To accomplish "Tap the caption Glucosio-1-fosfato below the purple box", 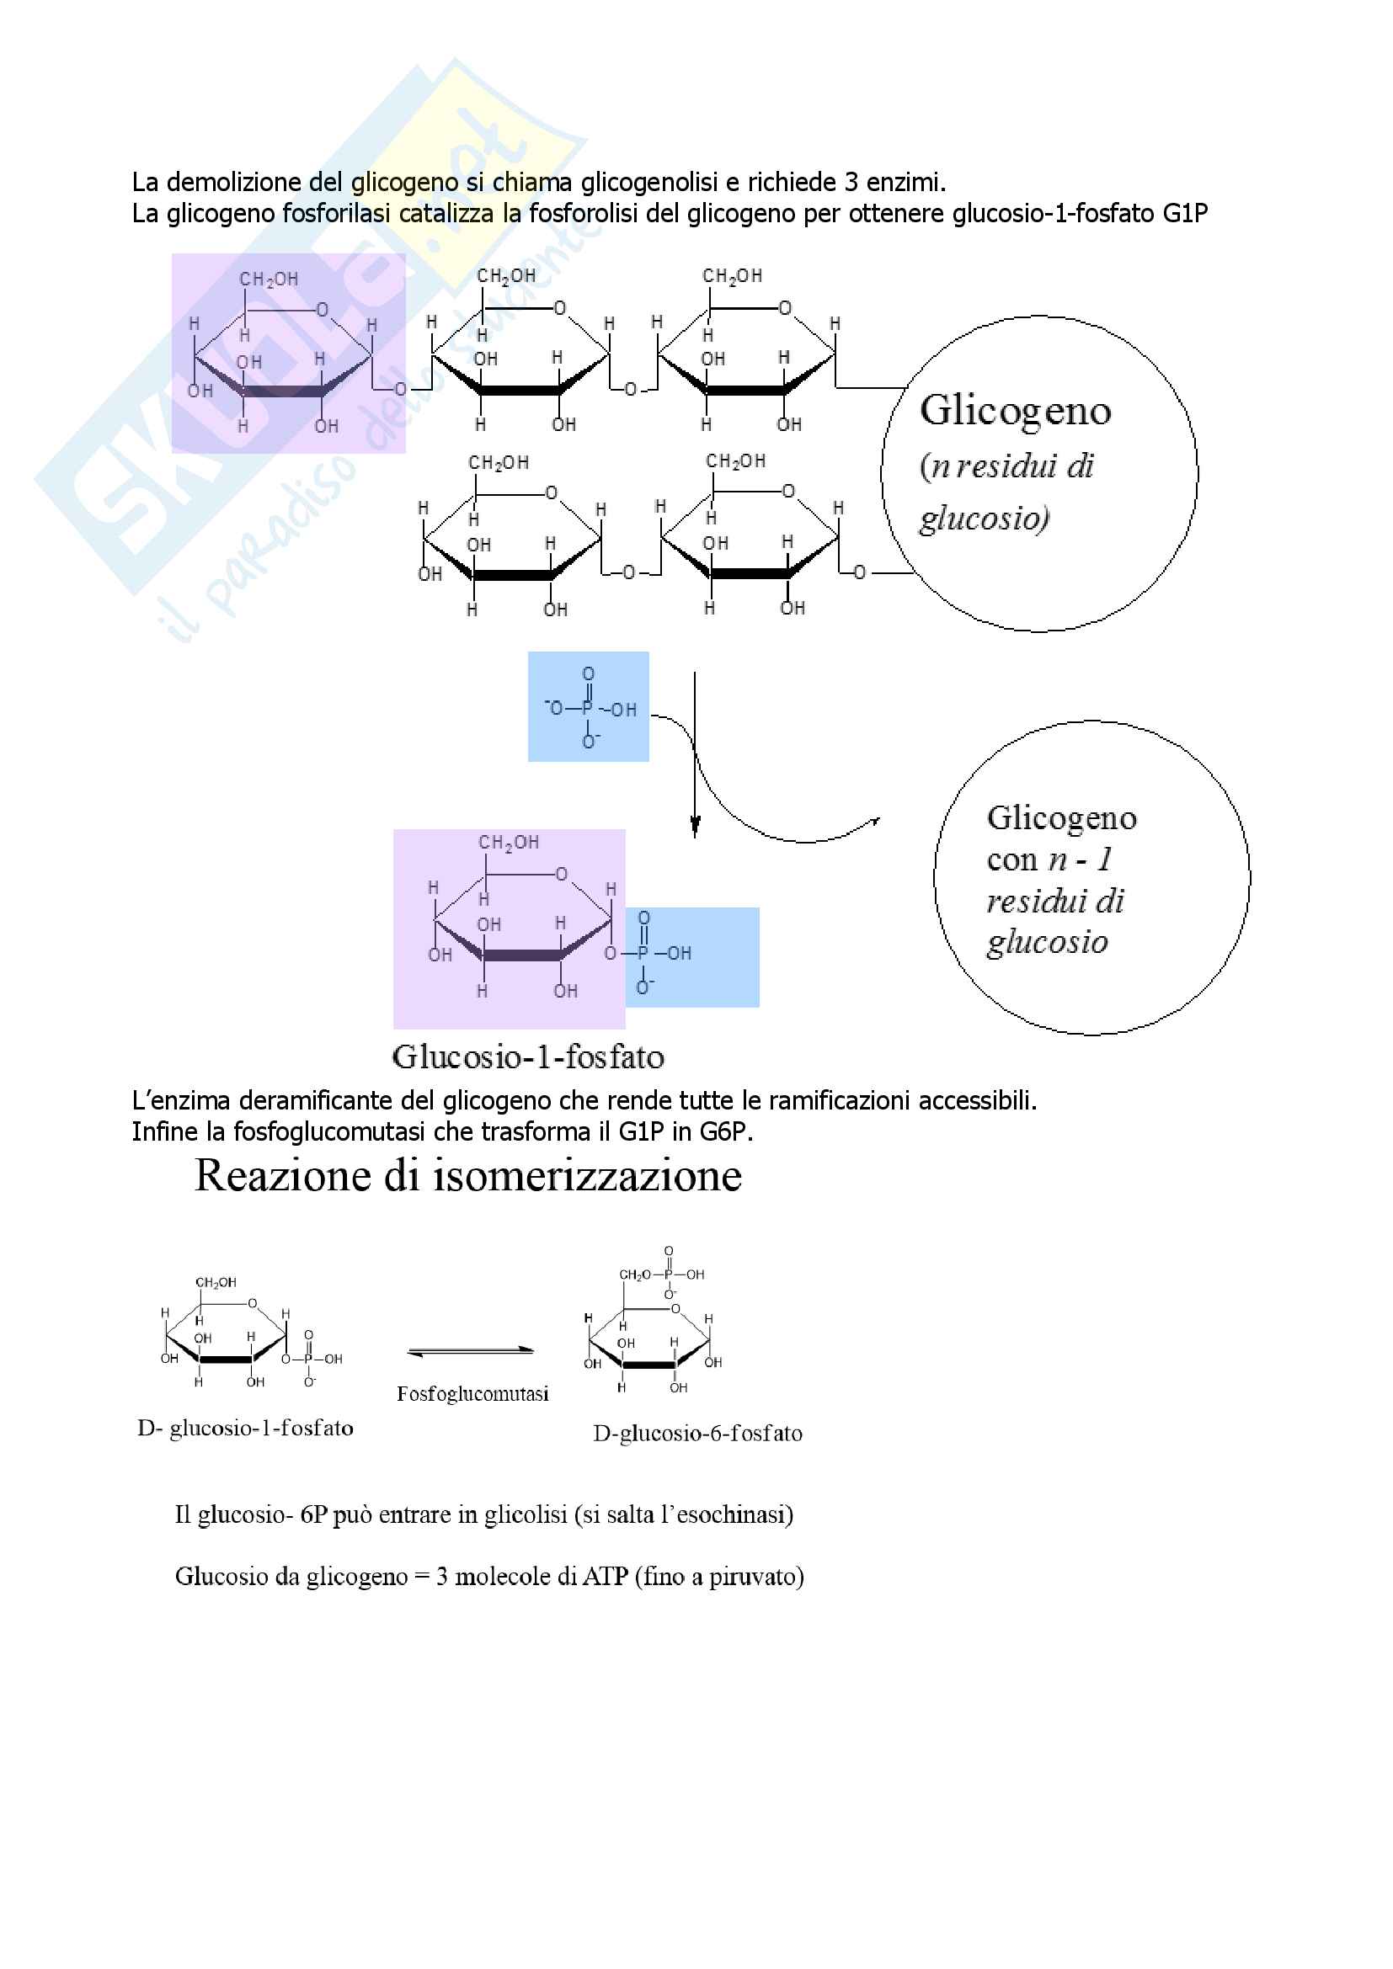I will [527, 1056].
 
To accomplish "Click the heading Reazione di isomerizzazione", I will [467, 1176].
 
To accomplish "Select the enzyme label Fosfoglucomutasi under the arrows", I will [472, 1393].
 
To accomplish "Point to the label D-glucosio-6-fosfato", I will [697, 1433].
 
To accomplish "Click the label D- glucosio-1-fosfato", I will [245, 1428].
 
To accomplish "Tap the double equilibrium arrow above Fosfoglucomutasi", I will [470, 1352].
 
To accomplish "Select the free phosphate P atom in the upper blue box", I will [588, 709].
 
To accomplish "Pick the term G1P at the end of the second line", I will [1185, 214].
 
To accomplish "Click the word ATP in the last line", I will [606, 1576].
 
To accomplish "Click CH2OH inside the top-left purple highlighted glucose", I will [269, 279].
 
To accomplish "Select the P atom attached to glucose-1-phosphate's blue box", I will [643, 953].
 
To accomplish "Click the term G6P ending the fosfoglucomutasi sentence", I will [726, 1132].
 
